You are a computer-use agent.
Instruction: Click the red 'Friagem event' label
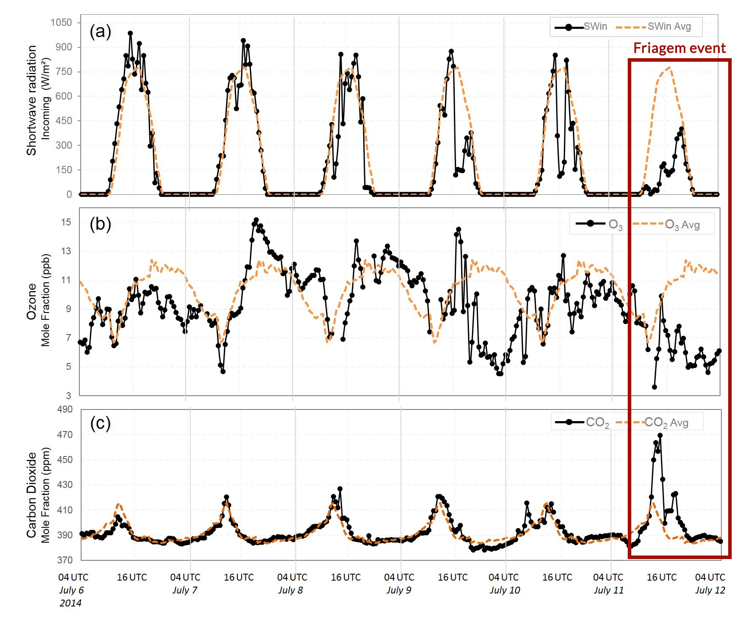[x=679, y=48]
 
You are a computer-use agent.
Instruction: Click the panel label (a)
[x=100, y=31]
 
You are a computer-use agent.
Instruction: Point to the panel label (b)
[x=100, y=224]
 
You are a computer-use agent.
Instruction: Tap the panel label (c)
[x=100, y=423]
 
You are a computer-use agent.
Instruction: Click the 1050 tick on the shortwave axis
[x=61, y=22]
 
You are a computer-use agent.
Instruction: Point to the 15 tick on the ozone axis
[x=66, y=222]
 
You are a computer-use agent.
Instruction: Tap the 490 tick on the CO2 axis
[x=65, y=409]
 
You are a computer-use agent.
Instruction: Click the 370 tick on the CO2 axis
[x=65, y=560]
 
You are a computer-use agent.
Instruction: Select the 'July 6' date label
[x=72, y=590]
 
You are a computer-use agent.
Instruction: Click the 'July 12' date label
[x=710, y=590]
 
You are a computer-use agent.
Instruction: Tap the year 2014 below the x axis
[x=70, y=603]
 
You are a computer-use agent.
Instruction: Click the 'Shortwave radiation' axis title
[x=31, y=100]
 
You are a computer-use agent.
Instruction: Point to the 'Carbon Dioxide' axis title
[x=31, y=495]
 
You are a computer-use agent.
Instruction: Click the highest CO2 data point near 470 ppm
[x=660, y=436]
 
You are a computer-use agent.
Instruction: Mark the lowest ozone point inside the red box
[x=654, y=387]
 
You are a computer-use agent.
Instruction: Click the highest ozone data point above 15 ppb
[x=256, y=220]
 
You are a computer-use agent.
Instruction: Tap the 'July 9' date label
[x=399, y=590]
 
